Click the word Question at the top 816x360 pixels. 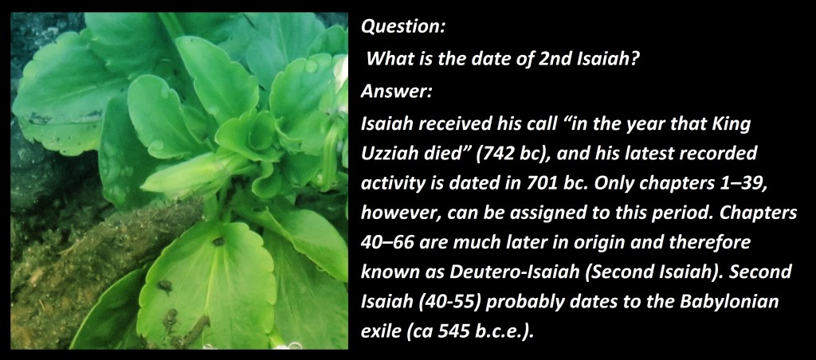tap(403, 27)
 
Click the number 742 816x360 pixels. tap(484, 155)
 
